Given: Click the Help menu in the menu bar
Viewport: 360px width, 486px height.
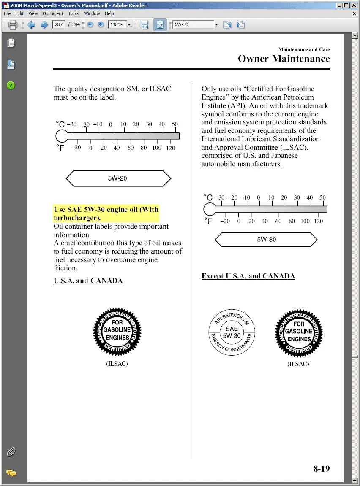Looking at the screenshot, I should click(x=109, y=13).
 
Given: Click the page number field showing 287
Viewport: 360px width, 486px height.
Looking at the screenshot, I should click(x=58, y=24).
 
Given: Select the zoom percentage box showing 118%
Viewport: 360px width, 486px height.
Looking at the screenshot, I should click(x=117, y=24).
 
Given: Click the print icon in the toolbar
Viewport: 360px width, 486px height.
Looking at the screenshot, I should click(x=13, y=24).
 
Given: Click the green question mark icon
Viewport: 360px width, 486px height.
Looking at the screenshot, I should click(x=11, y=85).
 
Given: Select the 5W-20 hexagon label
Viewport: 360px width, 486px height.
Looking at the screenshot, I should click(x=118, y=178).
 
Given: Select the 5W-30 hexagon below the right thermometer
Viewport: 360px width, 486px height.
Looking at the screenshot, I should click(x=266, y=240).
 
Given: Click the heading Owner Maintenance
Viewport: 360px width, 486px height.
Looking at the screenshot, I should click(x=284, y=59).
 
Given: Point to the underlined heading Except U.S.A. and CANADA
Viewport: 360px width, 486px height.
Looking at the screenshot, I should click(x=248, y=276).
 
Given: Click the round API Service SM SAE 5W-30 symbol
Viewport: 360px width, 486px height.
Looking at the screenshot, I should click(x=232, y=332).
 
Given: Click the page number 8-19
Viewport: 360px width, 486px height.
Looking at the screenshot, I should click(x=322, y=468).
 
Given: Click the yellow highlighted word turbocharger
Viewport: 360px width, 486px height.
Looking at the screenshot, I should click(x=76, y=218).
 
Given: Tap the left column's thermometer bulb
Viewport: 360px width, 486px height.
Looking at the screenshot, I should click(x=62, y=136).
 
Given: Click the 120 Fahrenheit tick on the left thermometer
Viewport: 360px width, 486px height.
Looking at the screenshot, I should click(x=170, y=148).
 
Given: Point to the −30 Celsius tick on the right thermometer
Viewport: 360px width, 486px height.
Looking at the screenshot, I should click(x=220, y=197).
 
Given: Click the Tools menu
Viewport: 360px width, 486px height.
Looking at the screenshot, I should click(x=74, y=13).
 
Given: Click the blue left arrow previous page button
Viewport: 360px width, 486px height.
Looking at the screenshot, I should click(x=31, y=24).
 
